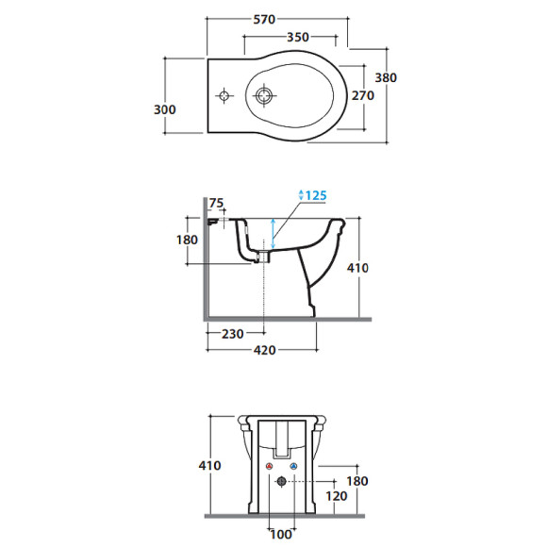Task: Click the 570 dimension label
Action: point(264,20)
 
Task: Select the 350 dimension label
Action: point(298,37)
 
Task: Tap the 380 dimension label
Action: point(386,77)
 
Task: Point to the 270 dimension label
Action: point(363,95)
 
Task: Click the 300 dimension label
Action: point(165,109)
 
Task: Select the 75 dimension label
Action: point(216,203)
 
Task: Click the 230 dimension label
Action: point(233,334)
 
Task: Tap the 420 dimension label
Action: point(264,350)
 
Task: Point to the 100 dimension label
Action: point(281,534)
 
